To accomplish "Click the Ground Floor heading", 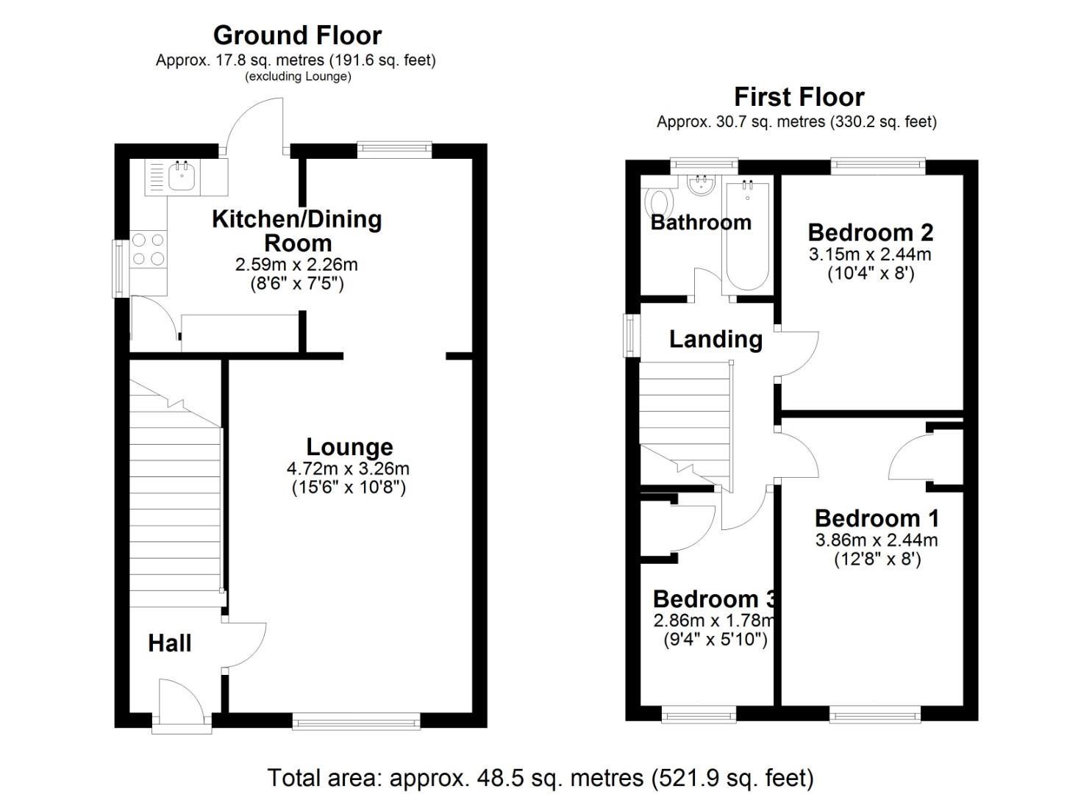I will (x=297, y=35).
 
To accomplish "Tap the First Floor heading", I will (x=799, y=97).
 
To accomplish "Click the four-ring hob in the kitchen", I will (x=148, y=248).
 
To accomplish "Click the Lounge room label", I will (x=349, y=447).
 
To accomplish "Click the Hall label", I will (x=170, y=643).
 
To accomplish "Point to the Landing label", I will (x=715, y=339).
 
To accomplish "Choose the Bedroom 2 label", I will (x=870, y=232).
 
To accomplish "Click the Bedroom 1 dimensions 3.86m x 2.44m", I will (x=877, y=540).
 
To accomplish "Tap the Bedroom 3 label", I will (x=706, y=599).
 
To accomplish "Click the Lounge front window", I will (x=356, y=722).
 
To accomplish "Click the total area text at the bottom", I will (x=540, y=777).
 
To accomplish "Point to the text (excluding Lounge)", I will (x=297, y=76).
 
